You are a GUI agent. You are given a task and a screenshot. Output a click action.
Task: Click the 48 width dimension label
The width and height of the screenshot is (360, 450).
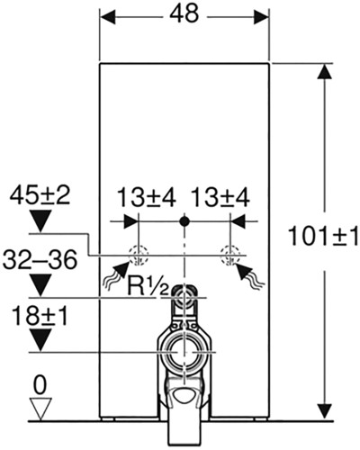tap(184, 13)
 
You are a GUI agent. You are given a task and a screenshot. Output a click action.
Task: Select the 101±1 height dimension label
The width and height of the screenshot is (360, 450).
tap(323, 235)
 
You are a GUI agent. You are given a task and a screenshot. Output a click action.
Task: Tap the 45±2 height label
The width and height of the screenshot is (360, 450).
tap(40, 196)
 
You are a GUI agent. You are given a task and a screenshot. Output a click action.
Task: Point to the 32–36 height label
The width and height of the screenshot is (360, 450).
tap(40, 260)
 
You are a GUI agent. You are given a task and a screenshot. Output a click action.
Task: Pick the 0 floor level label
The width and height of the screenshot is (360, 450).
tap(40, 385)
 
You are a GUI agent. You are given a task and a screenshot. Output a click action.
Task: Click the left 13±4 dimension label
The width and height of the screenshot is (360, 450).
tap(146, 198)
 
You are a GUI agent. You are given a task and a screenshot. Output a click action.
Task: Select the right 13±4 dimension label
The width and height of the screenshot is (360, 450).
tap(220, 198)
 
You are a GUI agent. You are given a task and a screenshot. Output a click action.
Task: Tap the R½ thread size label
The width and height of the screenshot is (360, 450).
tap(147, 286)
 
